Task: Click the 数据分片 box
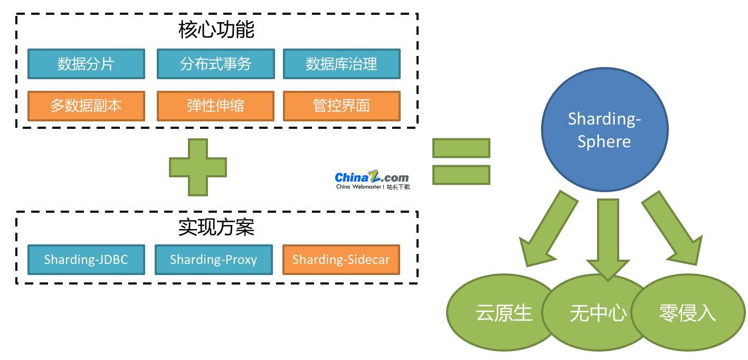[x=86, y=64]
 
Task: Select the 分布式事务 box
[x=215, y=64]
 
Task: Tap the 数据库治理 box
[x=342, y=64]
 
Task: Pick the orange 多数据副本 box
[x=86, y=106]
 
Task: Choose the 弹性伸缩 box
[x=215, y=106]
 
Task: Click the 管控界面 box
[x=342, y=106]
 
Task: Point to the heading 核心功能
[x=216, y=30]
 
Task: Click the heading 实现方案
[x=216, y=227]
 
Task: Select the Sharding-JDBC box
[x=86, y=260]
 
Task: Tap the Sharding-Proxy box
[x=213, y=260]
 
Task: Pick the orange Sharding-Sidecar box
[x=341, y=260]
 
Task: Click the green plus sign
[x=198, y=167]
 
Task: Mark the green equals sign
[x=461, y=162]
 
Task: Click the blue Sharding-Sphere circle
[x=604, y=129]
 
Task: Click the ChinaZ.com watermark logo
[x=372, y=179]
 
